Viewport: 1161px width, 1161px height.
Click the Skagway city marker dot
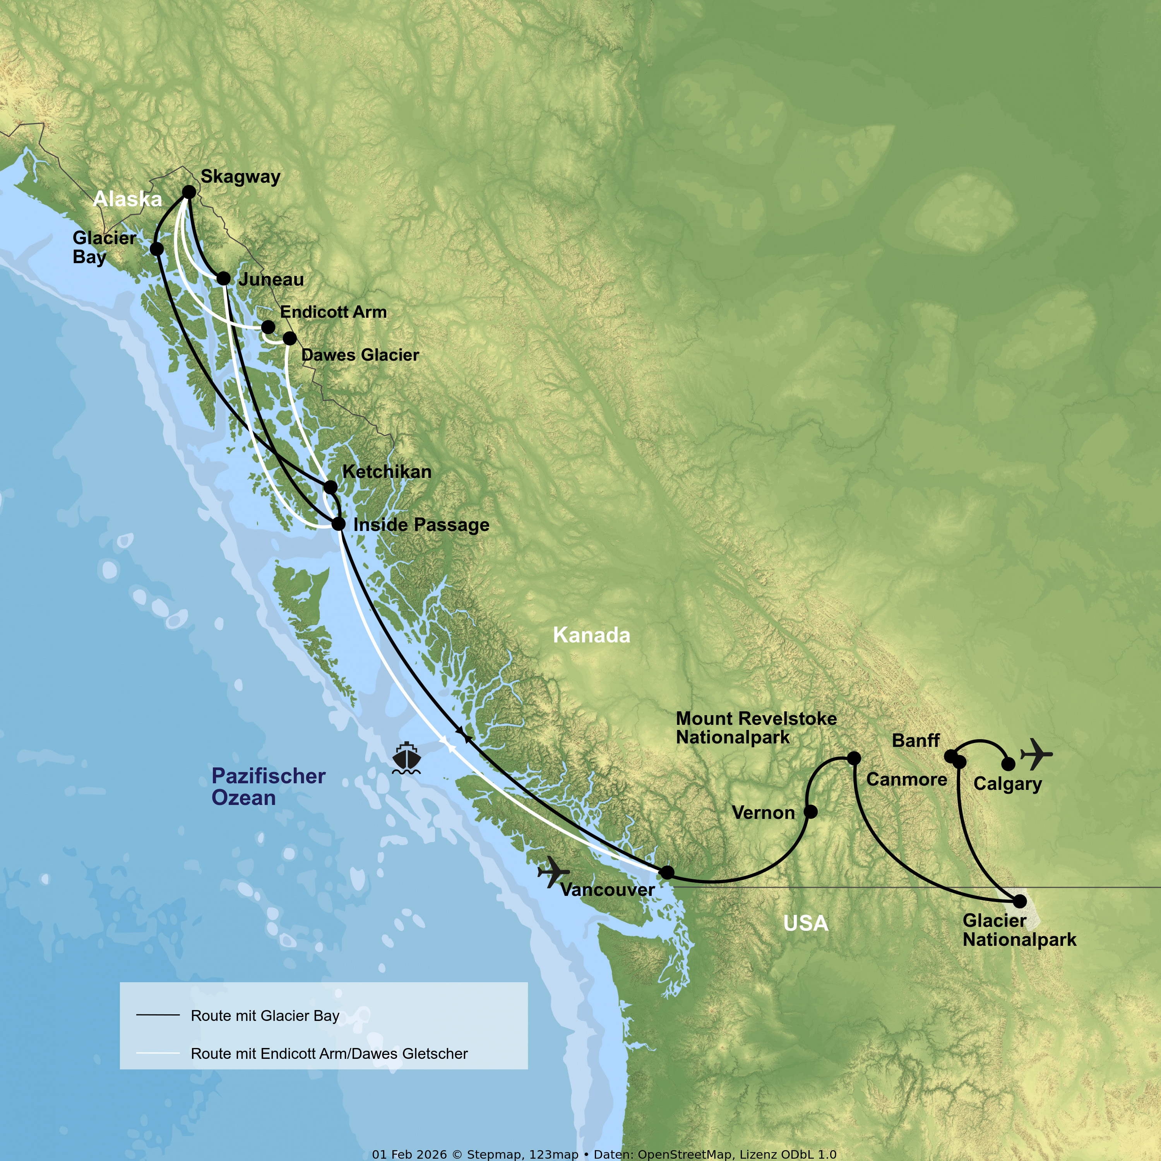click(x=189, y=192)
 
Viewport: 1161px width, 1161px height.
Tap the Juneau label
click(x=271, y=279)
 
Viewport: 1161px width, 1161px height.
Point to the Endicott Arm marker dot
click(x=268, y=327)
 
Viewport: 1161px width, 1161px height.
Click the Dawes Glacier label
click(x=360, y=355)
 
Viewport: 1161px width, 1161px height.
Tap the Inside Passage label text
click(x=421, y=525)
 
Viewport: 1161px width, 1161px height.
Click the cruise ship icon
click(x=406, y=758)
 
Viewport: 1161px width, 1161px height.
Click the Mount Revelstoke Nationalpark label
click(x=756, y=728)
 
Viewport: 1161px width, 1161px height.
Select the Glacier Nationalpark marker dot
click(x=1020, y=901)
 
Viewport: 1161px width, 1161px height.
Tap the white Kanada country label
click(x=591, y=635)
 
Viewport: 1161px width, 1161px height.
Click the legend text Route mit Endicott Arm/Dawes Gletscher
click(x=329, y=1053)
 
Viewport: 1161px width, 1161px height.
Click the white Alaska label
click(x=127, y=199)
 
